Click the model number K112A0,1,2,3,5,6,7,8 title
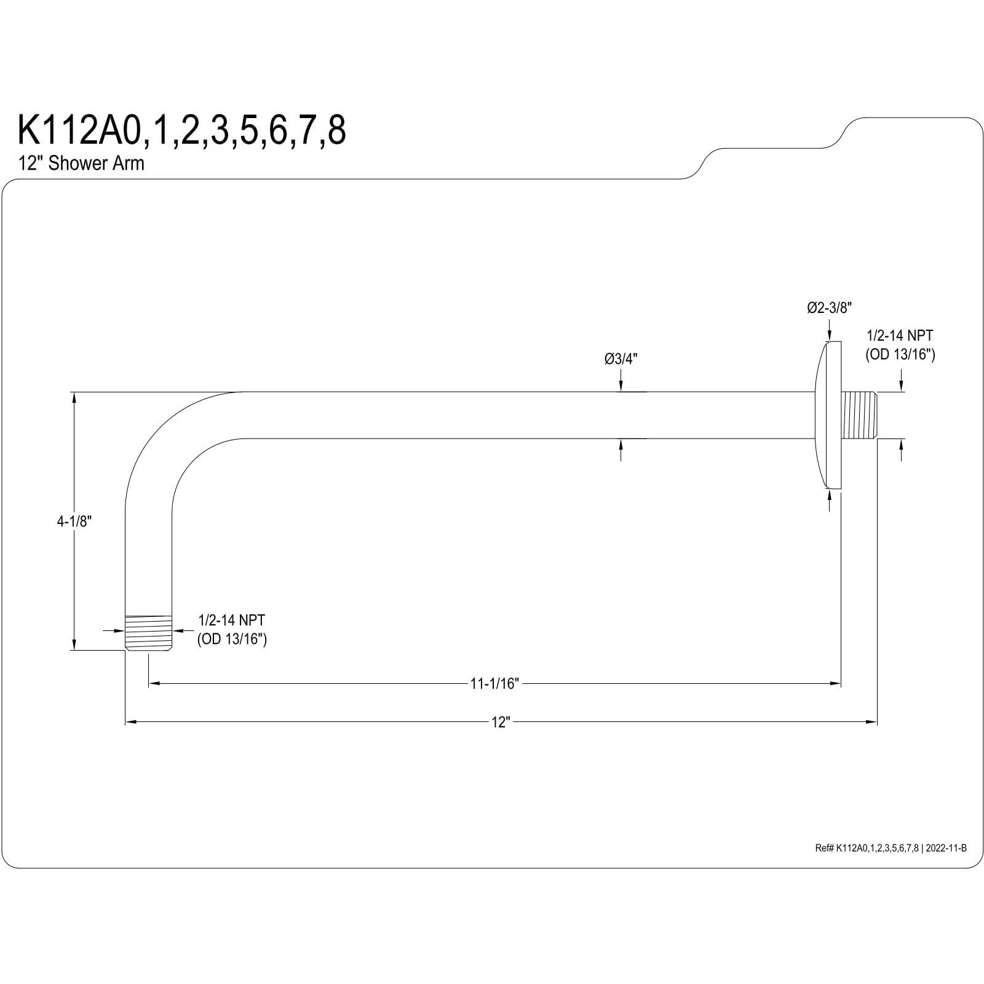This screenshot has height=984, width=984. point(182,130)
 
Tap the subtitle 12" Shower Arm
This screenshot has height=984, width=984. point(81,164)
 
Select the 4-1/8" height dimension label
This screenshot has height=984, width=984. point(74,522)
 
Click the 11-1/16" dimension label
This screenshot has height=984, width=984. point(494,683)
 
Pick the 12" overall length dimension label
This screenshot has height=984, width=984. point(501,722)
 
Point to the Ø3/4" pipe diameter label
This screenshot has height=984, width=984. point(621,359)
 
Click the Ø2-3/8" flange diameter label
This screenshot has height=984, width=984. point(829,308)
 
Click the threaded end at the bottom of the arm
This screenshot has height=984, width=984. point(148,632)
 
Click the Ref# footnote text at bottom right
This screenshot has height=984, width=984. point(891,848)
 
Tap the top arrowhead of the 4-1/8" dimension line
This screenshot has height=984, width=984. point(74,397)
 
